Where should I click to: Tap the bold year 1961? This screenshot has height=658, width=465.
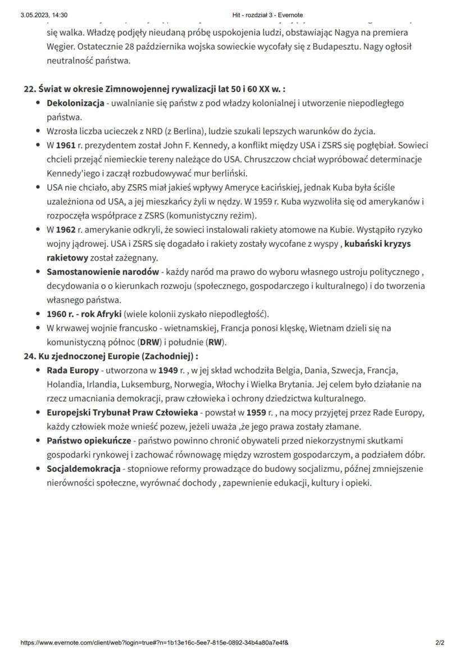(x=66, y=146)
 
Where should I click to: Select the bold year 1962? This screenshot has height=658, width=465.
(x=66, y=230)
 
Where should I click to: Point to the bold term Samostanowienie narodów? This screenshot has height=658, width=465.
(x=103, y=272)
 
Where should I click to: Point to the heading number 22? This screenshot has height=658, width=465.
(x=29, y=89)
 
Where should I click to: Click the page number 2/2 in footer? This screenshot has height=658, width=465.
(x=439, y=642)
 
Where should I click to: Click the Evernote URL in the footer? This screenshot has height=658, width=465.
(x=154, y=642)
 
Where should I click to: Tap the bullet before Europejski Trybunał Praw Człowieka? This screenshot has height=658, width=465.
(x=37, y=412)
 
